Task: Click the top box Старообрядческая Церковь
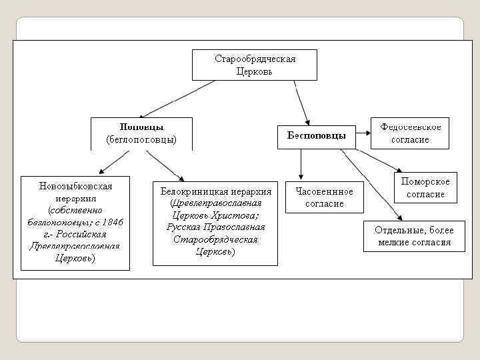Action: coord(255,65)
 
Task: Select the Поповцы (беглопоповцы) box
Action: coord(141,133)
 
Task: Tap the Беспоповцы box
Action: coord(316,135)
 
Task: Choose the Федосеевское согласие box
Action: coord(410,133)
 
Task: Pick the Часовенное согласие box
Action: coord(325,197)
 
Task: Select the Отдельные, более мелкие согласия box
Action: coord(414,236)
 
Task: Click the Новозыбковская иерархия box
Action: coord(75,223)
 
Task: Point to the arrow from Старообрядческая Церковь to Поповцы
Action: coord(177,99)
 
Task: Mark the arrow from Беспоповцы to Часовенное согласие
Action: coord(301,164)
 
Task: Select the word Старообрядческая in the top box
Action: coord(255,59)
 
